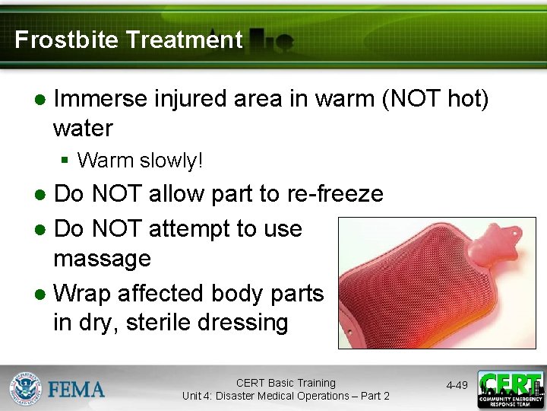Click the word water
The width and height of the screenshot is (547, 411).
point(83,128)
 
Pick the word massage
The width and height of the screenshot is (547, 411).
point(102,258)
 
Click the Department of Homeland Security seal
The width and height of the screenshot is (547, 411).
point(25,388)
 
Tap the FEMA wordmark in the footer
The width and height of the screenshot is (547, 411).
point(77,389)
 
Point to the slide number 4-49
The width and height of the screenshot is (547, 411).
point(457,386)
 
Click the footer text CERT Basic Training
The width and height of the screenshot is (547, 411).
point(286,383)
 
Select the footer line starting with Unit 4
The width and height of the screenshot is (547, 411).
point(286,396)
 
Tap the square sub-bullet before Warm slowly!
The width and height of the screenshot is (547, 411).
point(65,161)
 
